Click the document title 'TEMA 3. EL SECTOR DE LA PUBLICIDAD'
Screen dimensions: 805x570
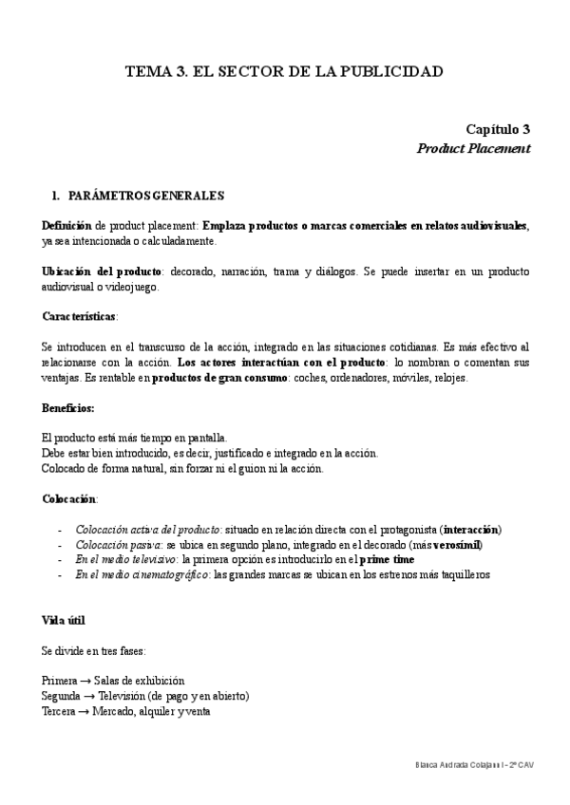pyautogui.click(x=285, y=71)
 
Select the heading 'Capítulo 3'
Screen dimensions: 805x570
pyautogui.click(x=497, y=129)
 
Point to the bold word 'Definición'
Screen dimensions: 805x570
pyautogui.click(x=66, y=226)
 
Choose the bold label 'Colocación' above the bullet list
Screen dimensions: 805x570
pyautogui.click(x=69, y=498)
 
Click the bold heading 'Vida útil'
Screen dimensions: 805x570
pyautogui.click(x=65, y=620)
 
